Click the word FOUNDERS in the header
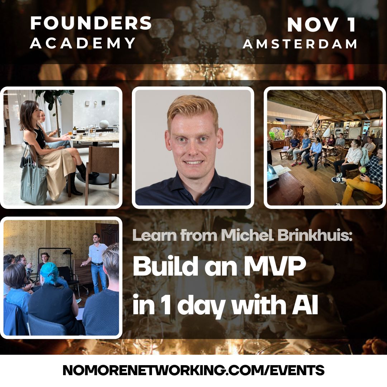(91, 23)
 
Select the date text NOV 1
(321, 24)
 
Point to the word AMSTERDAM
(300, 44)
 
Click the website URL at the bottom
(193, 370)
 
